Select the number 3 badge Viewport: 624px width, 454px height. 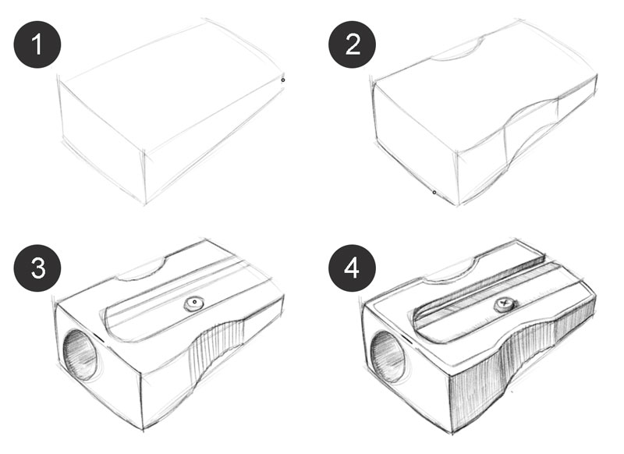[x=36, y=268]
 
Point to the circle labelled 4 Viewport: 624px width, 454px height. [x=353, y=268]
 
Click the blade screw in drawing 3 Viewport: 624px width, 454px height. [x=192, y=305]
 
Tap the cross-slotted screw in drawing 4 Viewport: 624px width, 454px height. [x=505, y=301]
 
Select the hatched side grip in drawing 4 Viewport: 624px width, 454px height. [x=530, y=359]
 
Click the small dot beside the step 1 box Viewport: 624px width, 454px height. [x=282, y=79]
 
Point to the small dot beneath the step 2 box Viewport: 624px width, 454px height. [x=434, y=191]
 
